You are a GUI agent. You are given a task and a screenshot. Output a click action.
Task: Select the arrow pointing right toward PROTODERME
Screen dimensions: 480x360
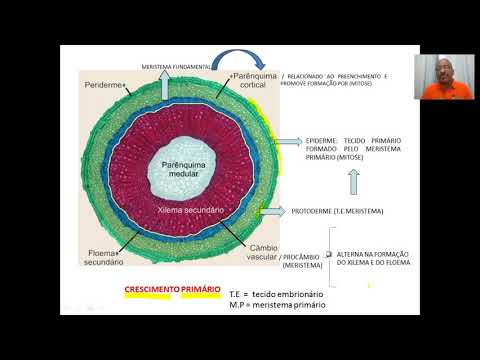(x=272, y=212)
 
